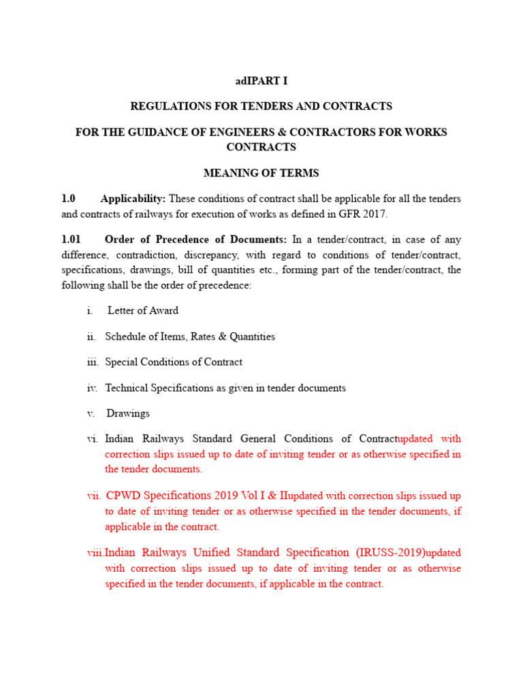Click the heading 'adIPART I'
(261, 81)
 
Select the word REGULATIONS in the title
(163, 106)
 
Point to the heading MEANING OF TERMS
(261, 173)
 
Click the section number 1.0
(68, 199)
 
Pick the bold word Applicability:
(133, 199)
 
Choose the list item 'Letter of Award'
(143, 310)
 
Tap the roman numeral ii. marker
(92, 336)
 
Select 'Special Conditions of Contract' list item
(174, 362)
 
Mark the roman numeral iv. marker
(93, 388)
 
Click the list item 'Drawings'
(129, 413)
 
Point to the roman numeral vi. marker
(93, 439)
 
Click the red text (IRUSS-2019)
(385, 552)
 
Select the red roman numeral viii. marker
(95, 553)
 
